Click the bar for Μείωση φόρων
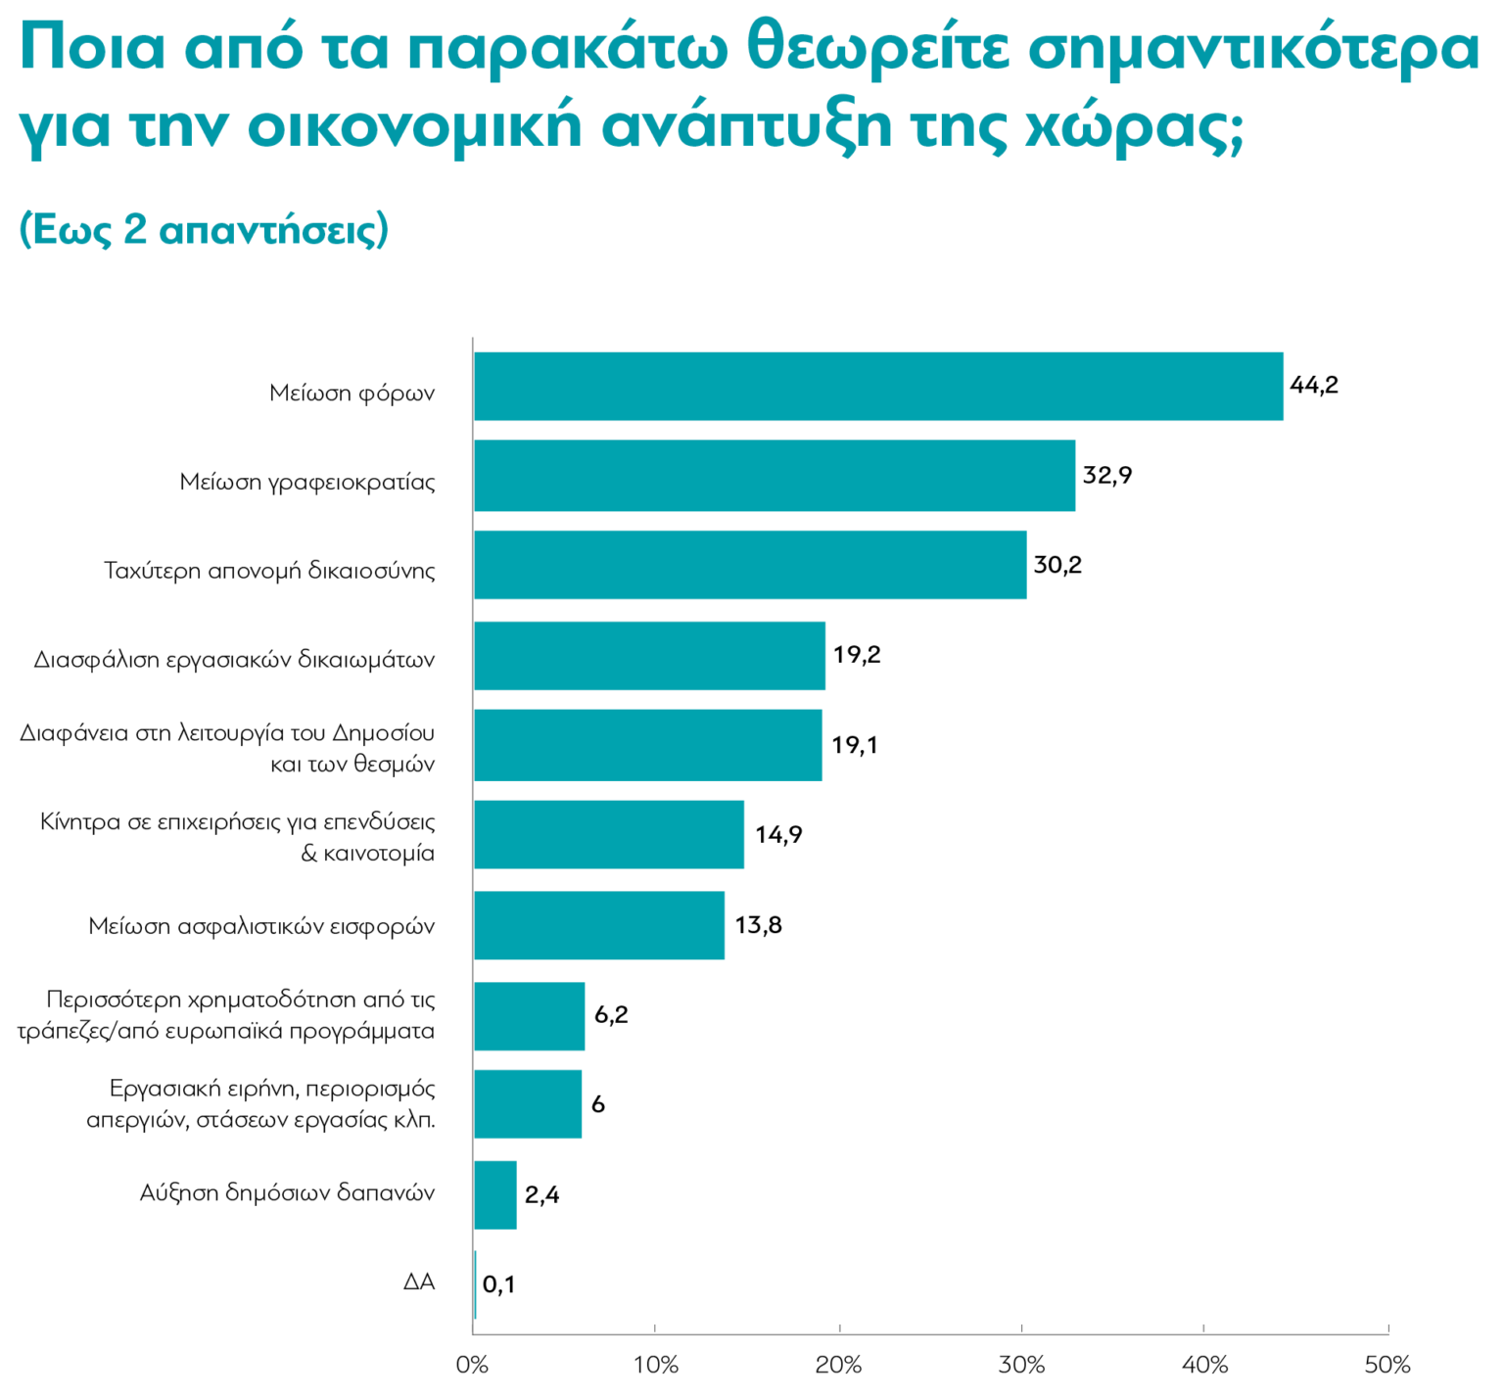878,387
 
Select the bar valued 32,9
775,476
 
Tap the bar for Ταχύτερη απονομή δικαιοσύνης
750,565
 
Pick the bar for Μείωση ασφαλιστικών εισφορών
599,925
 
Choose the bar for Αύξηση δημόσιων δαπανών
495,1194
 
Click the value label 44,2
1313,386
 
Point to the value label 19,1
854,745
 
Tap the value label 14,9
778,835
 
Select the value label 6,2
611,1015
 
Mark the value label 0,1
498,1284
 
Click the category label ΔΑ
419,1282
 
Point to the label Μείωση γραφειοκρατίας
307,482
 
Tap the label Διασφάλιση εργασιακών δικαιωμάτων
234,660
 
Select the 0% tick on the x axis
473,1365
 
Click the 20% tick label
839,1365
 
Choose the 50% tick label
1387,1365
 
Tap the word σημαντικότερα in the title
1256,49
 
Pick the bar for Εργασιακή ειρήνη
528,1104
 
